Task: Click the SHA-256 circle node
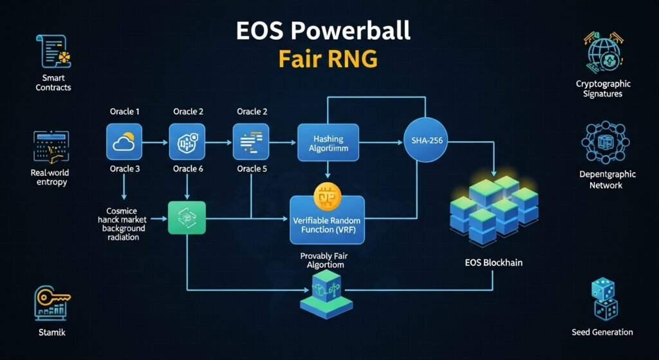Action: tap(425, 141)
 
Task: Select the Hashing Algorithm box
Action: tap(328, 144)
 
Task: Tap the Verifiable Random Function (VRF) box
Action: tap(327, 220)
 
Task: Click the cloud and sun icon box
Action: tap(124, 142)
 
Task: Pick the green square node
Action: tap(187, 217)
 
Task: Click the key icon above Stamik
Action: tap(51, 303)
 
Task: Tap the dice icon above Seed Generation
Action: tap(603, 299)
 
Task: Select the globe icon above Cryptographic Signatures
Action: tap(602, 52)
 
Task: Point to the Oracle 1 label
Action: tap(124, 112)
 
